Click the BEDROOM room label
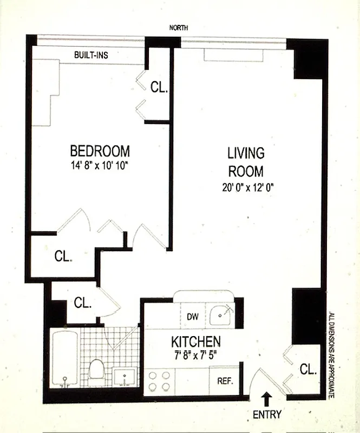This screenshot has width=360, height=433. tap(100, 150)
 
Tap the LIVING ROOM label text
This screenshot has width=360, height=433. tap(245, 162)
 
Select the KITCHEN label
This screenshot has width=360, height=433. tap(195, 342)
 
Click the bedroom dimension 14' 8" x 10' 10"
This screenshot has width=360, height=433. tap(100, 165)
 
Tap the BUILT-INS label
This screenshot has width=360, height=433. tap(93, 55)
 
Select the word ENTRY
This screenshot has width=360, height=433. tap(267, 415)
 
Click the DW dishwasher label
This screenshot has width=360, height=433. tap(193, 317)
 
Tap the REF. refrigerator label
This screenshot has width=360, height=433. tap(225, 380)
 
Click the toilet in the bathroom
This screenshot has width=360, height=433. tap(96, 369)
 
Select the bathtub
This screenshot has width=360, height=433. tap(65, 359)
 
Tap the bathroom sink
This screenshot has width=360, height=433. tap(126, 375)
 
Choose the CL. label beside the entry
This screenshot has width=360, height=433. tap(307, 370)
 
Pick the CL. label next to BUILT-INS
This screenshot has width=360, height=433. tap(159, 87)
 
